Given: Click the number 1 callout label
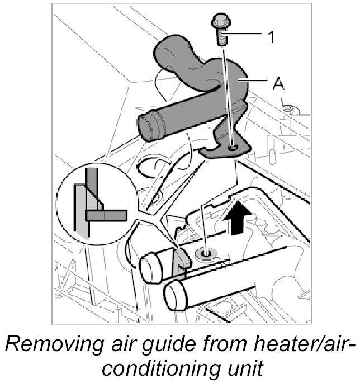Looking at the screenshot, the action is (271, 37).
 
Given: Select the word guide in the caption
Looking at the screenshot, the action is (181, 343).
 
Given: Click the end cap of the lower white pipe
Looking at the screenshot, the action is (177, 294).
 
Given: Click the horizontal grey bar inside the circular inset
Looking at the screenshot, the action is (107, 214).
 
